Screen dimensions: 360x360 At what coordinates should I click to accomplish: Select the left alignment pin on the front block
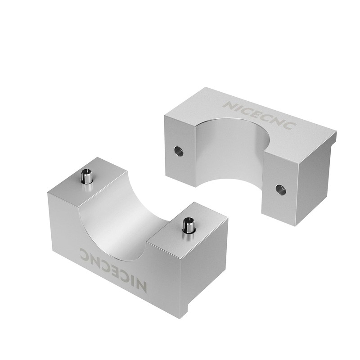pos(86,176)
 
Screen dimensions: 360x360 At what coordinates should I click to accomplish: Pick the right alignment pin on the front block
pos(188,225)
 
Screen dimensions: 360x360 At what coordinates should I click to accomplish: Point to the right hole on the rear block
pos(281,189)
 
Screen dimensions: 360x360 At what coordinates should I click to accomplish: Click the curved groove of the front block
pos(119,225)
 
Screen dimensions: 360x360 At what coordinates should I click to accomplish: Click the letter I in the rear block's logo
pos(237,107)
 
